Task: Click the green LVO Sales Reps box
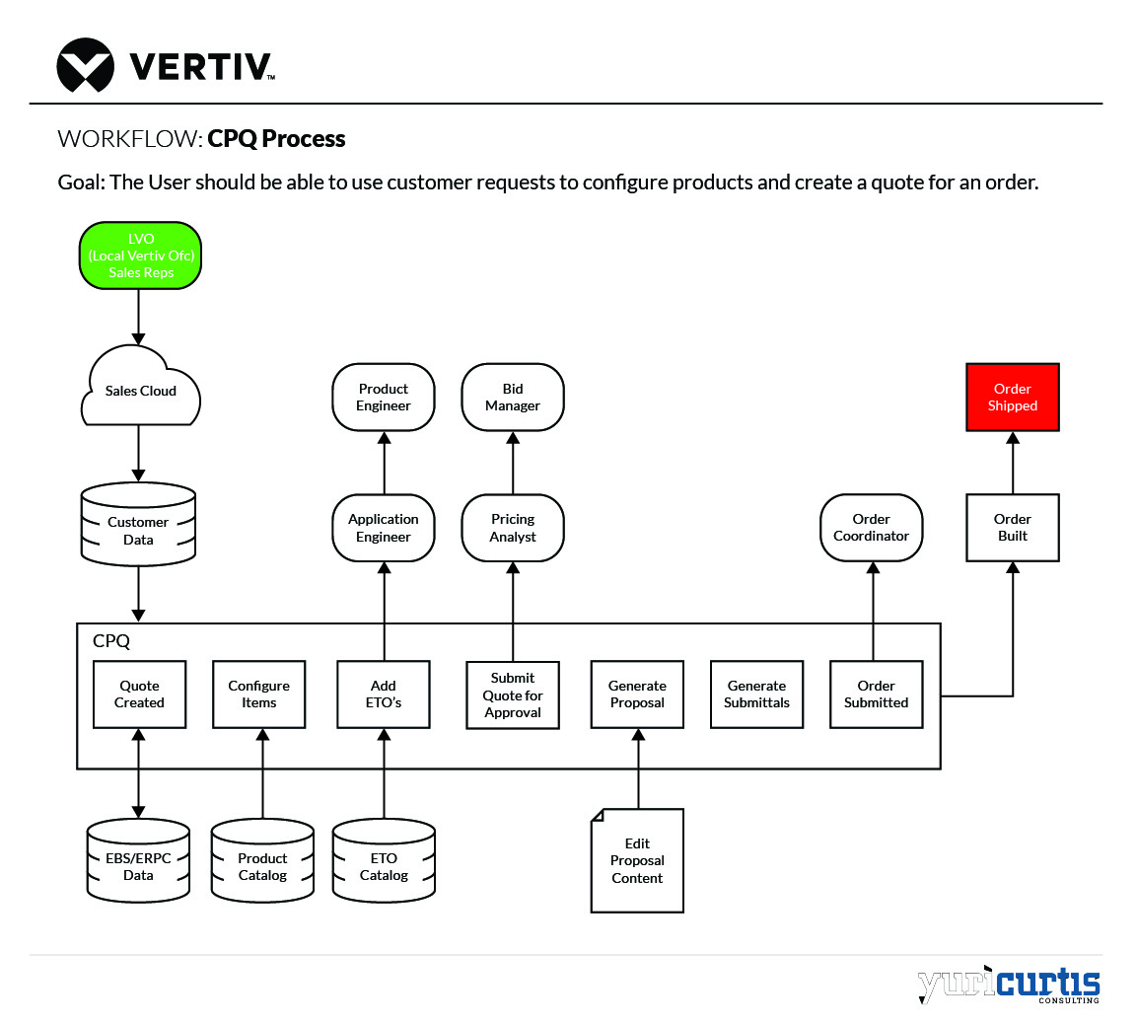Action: (x=140, y=256)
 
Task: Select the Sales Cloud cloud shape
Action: (x=140, y=390)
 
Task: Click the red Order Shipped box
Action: (x=1012, y=397)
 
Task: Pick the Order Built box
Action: (x=1012, y=528)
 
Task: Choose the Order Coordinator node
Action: (x=872, y=528)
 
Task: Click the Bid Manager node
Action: (x=513, y=397)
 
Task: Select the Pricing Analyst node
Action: (x=513, y=528)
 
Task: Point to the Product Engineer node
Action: (x=384, y=397)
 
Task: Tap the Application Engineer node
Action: (x=384, y=528)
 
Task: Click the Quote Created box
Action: (x=139, y=695)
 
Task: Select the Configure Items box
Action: (x=259, y=695)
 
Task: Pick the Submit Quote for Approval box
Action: (x=513, y=695)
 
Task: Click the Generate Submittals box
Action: (x=756, y=695)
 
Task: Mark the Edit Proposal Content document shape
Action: (x=637, y=860)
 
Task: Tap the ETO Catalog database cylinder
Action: (x=384, y=861)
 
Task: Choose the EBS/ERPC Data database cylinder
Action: (x=138, y=861)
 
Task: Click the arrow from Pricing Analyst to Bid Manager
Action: (x=513, y=463)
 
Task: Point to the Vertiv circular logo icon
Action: (x=85, y=65)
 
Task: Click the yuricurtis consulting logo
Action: (x=1008, y=985)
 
